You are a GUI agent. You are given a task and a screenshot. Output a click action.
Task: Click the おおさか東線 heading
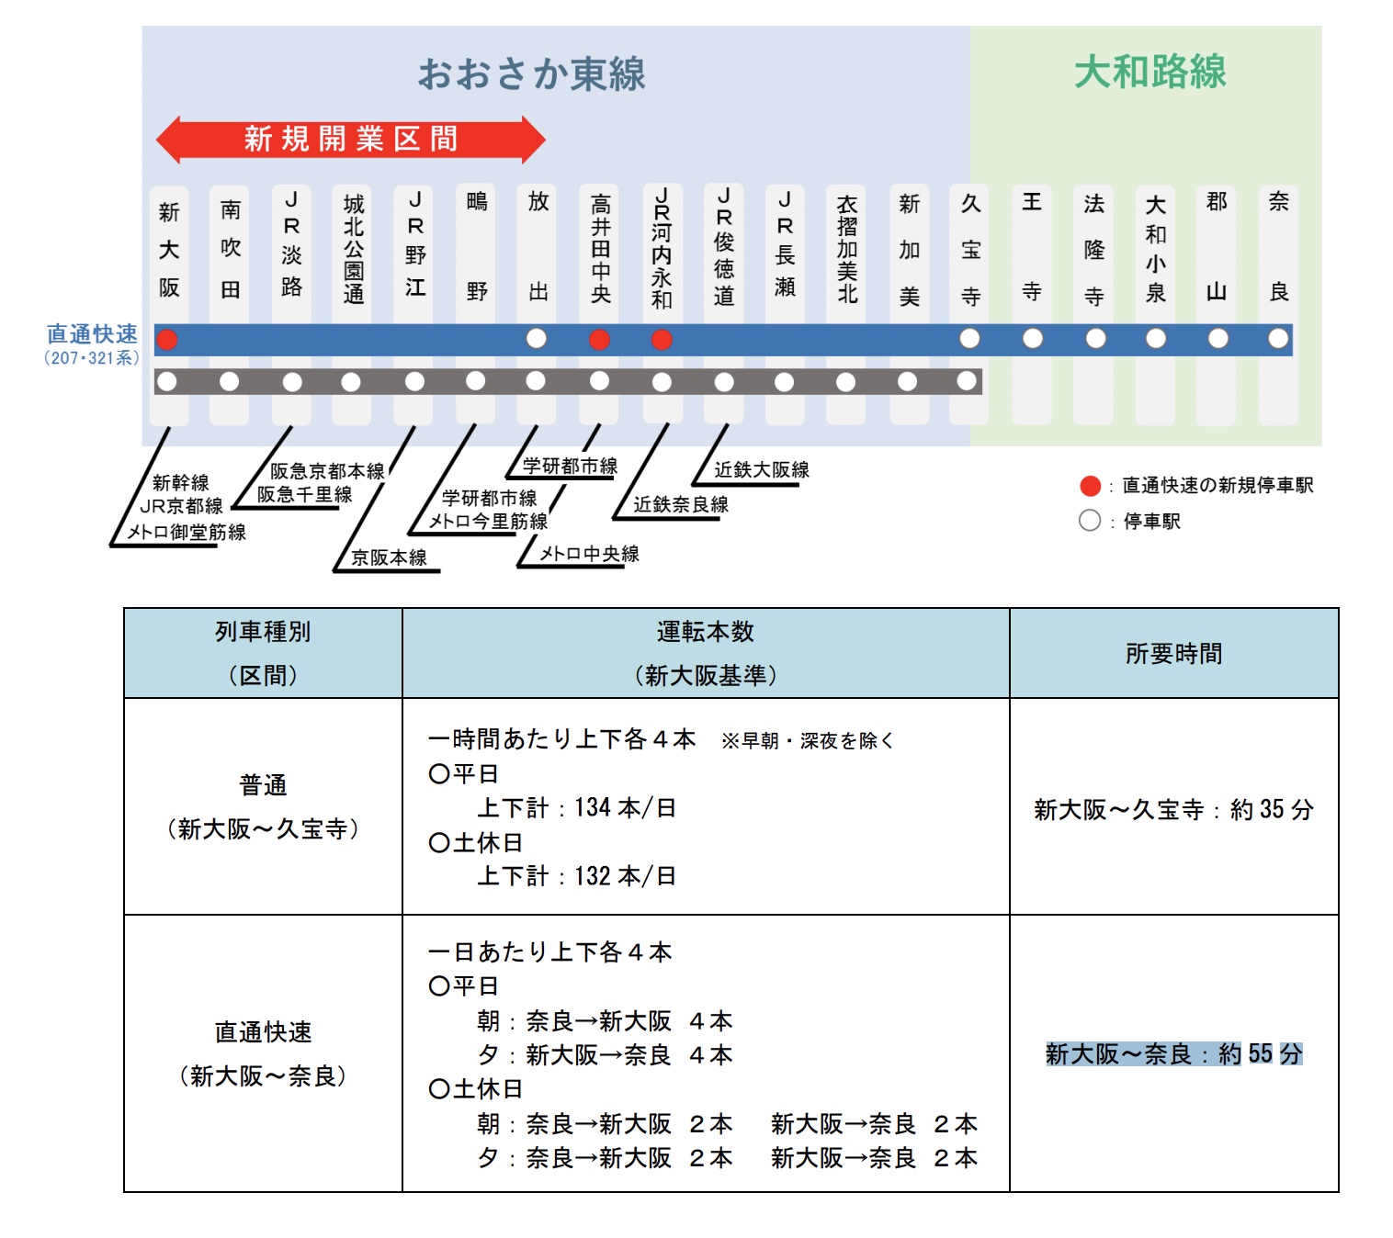point(531,74)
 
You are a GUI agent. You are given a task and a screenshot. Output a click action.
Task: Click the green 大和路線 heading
point(1150,72)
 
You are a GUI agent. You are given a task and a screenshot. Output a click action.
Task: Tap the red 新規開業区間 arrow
point(350,140)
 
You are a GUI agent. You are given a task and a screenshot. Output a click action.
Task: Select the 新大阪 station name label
point(169,250)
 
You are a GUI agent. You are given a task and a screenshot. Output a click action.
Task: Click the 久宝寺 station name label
point(970,250)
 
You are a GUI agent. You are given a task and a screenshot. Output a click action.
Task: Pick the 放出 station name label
point(538,246)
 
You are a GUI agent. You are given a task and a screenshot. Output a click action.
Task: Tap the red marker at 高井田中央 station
point(599,340)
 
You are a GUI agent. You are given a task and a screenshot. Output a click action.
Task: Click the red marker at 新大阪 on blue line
point(166,340)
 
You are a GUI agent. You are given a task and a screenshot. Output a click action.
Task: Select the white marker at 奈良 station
point(1278,339)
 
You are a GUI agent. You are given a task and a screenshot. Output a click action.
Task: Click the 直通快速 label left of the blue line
point(92,333)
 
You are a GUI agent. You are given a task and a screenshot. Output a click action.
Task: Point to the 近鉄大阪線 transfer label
point(762,470)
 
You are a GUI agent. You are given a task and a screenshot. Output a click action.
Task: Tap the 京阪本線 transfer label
point(389,557)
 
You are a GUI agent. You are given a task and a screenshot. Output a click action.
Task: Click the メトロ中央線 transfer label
point(589,554)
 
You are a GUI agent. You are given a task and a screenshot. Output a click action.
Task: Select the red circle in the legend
point(1090,486)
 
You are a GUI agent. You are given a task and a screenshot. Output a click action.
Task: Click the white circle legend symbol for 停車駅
point(1090,521)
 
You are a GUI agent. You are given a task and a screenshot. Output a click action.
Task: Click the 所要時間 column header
point(1173,653)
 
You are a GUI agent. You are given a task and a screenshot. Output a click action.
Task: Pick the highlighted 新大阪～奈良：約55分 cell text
point(1173,1053)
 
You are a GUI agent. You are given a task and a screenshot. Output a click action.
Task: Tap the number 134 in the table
point(593,808)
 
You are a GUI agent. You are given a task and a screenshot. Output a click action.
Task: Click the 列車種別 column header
point(263,632)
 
